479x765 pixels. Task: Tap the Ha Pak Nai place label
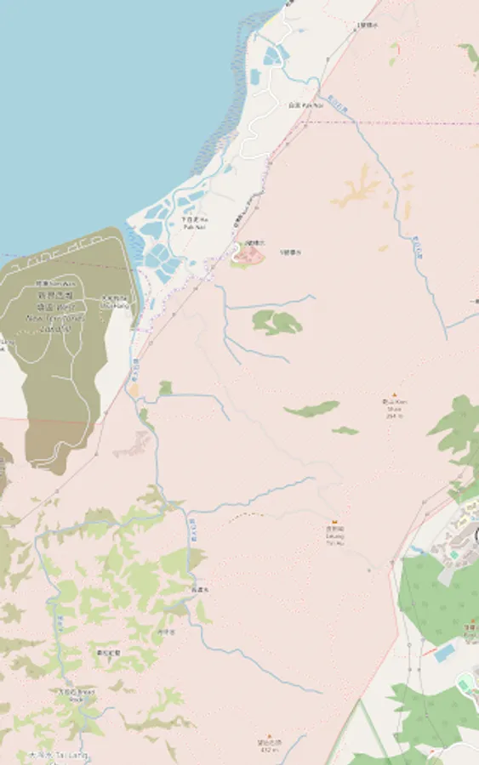tap(194, 224)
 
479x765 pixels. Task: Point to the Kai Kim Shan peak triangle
tap(394, 395)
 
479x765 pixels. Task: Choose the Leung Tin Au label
tap(335, 532)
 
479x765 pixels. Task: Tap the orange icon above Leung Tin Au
tap(335, 521)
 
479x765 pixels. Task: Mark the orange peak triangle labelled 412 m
tap(270, 736)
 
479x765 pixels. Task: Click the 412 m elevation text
tap(270, 750)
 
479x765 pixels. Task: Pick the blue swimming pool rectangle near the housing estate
tap(444, 653)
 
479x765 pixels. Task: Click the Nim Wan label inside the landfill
tap(54, 283)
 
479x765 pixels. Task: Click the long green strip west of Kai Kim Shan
tap(312, 409)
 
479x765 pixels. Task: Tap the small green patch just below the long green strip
tap(345, 431)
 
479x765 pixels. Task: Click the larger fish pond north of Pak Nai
tap(272, 56)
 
